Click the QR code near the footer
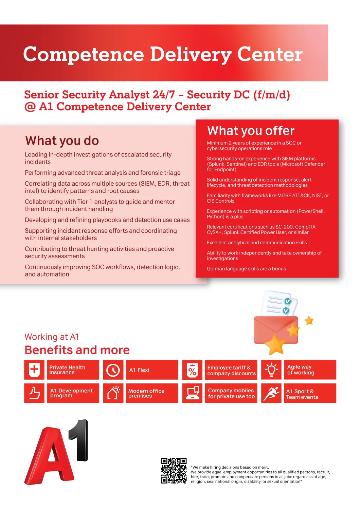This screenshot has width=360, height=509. coord(174,471)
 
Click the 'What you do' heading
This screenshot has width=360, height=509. coord(62,140)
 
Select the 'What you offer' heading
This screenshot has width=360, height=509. coord(251,131)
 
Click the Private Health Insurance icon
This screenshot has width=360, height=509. coord(34,370)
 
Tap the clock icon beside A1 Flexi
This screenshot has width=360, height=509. coord(113,370)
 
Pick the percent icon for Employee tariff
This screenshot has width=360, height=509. coord(192,370)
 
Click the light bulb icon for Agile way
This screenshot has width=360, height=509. coord(271,370)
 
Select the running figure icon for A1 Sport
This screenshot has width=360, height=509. coord(271,393)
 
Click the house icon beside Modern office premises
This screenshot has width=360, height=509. coord(113,393)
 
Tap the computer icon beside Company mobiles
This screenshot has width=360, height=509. coord(193,393)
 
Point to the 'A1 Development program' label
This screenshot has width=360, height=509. coord(71,393)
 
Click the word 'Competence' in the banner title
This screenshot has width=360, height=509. coord(84,54)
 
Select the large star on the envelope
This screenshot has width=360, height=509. coord(275,344)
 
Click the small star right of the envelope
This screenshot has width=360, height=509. coord(309,320)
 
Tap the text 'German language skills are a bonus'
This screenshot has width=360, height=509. coord(246,268)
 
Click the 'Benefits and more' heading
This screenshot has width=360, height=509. coord(77,350)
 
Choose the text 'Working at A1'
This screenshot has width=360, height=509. coord(52,337)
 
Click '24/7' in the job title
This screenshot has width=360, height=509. coord(164,95)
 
